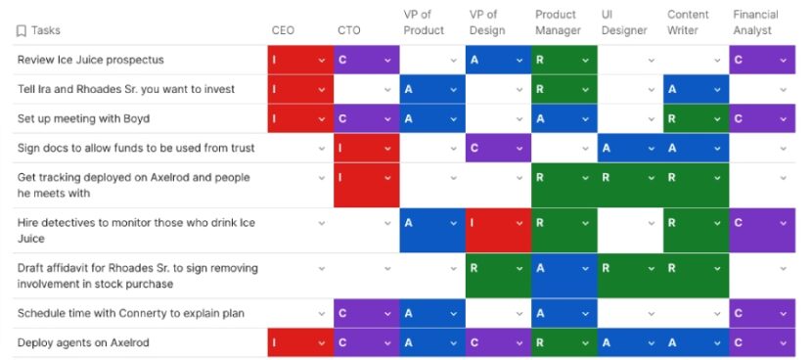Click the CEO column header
282,30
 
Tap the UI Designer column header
624,22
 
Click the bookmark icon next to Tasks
21,31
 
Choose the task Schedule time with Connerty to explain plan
130,313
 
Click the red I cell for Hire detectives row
497,231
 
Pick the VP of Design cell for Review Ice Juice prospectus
497,61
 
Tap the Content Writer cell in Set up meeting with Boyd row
695,119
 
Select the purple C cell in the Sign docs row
497,149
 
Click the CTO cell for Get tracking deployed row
365,186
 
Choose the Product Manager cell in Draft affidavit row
563,276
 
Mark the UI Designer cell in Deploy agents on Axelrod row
629,342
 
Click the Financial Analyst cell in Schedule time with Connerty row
761,313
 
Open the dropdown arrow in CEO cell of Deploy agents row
322,343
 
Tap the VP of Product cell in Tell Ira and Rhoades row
430,90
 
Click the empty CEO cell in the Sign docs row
298,149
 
